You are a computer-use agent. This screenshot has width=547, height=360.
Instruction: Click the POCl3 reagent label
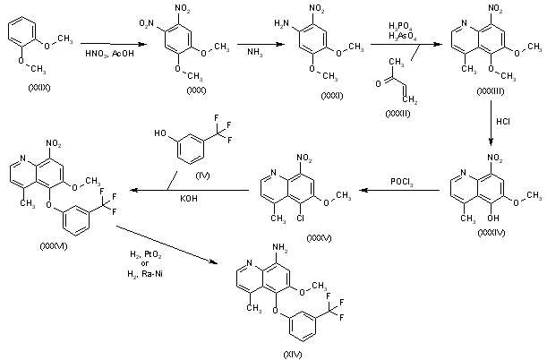pyautogui.click(x=400, y=182)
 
